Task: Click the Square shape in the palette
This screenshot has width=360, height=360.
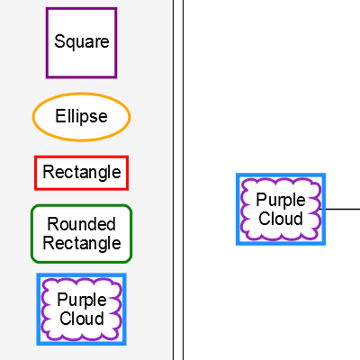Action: pyautogui.click(x=81, y=42)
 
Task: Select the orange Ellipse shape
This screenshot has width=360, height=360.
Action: pyautogui.click(x=81, y=117)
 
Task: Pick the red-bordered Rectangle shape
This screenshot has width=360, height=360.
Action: pyautogui.click(x=81, y=172)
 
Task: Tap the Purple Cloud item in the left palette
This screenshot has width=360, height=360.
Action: pyautogui.click(x=81, y=309)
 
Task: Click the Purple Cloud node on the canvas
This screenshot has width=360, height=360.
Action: pyautogui.click(x=281, y=209)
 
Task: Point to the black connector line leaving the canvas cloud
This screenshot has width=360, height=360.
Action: pyautogui.click(x=343, y=209)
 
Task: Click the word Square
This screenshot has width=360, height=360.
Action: pyautogui.click(x=81, y=41)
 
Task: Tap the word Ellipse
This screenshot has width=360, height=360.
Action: pyautogui.click(x=81, y=117)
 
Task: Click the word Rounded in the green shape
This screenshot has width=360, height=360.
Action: pyautogui.click(x=81, y=225)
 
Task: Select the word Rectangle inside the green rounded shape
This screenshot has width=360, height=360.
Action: pyautogui.click(x=81, y=243)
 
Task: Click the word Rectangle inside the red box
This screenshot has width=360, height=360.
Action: pyautogui.click(x=81, y=172)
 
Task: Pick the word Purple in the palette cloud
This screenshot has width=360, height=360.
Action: pyautogui.click(x=81, y=300)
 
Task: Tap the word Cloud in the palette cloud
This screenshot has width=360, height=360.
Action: pyautogui.click(x=81, y=318)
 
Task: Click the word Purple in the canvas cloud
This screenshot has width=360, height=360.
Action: pyautogui.click(x=281, y=200)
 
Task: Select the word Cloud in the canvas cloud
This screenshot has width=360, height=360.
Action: pyautogui.click(x=281, y=218)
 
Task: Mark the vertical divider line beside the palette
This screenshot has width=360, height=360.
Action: pyautogui.click(x=173, y=180)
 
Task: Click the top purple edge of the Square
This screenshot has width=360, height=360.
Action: pyautogui.click(x=81, y=9)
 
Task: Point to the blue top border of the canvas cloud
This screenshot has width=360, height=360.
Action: pyautogui.click(x=281, y=176)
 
